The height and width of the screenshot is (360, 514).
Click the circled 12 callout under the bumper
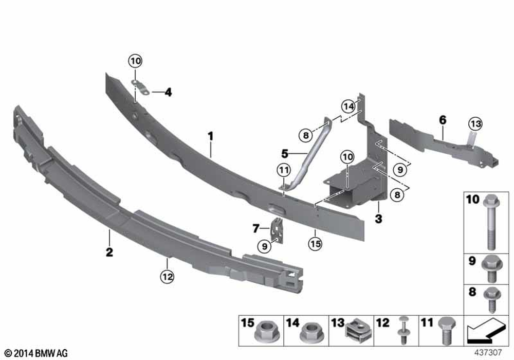tap(167, 277)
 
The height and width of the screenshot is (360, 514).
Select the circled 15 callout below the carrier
tap(315, 244)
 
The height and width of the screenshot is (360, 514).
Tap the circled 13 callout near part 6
tap(475, 124)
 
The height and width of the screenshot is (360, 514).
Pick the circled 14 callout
tap(348, 106)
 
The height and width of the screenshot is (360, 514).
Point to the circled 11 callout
tap(284, 170)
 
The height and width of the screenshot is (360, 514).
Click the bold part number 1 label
tap(210, 136)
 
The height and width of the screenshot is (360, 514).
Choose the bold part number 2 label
tap(109, 252)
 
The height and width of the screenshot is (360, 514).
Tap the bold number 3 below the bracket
tap(379, 219)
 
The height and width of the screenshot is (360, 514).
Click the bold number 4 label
tap(168, 93)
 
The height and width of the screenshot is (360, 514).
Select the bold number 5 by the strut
tap(285, 153)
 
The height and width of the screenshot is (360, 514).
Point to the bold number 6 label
tap(443, 120)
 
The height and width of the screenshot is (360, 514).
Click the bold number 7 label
tap(256, 228)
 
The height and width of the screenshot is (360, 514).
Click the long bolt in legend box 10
tap(491, 222)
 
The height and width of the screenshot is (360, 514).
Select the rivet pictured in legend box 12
tap(403, 331)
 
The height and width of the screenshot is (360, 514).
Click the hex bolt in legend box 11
tap(446, 331)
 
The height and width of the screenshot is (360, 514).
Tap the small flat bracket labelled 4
tap(141, 87)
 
